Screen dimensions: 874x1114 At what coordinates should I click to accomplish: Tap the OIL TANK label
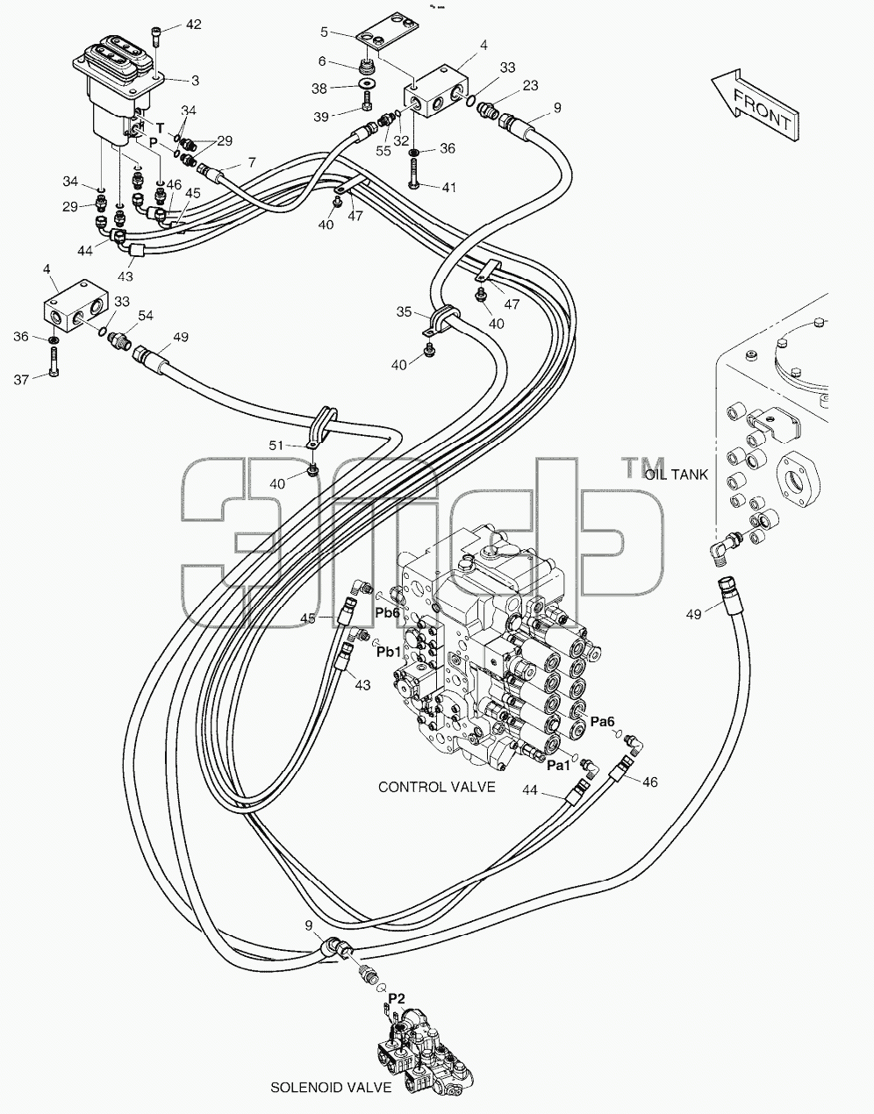pyautogui.click(x=677, y=475)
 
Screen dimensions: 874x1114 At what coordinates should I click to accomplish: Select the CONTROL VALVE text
pyautogui.click(x=436, y=787)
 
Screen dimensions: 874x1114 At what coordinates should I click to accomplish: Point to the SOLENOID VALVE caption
pyautogui.click(x=331, y=1087)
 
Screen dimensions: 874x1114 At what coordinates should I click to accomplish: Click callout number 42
pyautogui.click(x=193, y=24)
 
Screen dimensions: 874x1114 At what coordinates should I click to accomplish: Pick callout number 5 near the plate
pyautogui.click(x=324, y=32)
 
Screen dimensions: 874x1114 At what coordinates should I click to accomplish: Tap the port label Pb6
pyautogui.click(x=388, y=612)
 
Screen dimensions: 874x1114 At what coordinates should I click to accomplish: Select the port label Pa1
pyautogui.click(x=558, y=766)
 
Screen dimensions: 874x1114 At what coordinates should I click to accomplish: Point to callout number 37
pyautogui.click(x=21, y=380)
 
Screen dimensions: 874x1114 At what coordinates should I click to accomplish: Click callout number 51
pyautogui.click(x=276, y=446)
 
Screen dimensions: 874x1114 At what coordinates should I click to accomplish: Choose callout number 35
pyautogui.click(x=404, y=311)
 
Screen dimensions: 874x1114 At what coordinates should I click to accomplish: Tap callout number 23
pyautogui.click(x=531, y=85)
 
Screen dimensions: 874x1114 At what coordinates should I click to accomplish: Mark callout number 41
pyautogui.click(x=449, y=188)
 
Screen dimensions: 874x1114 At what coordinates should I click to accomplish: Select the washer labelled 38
pyautogui.click(x=367, y=83)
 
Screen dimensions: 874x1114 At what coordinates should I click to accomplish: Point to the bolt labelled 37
pyautogui.click(x=54, y=361)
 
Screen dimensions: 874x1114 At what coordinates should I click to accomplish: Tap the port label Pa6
pyautogui.click(x=602, y=722)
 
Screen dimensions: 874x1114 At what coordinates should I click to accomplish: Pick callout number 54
pyautogui.click(x=146, y=315)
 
